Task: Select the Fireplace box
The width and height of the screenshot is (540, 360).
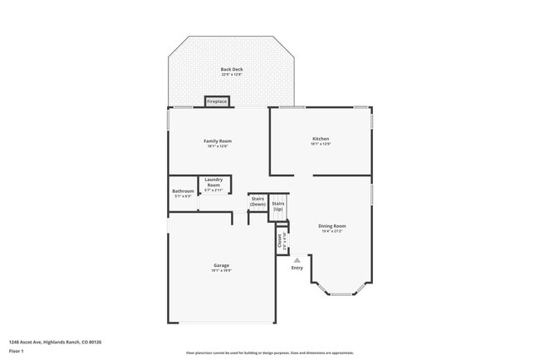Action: (x=217, y=101)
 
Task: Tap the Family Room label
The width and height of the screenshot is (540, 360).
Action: (x=216, y=141)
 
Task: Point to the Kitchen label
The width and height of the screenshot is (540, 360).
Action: (x=321, y=139)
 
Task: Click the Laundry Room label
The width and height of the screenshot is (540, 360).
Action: (x=214, y=183)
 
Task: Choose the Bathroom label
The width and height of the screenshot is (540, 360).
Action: (x=183, y=191)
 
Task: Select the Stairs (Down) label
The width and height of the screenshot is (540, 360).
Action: (x=258, y=201)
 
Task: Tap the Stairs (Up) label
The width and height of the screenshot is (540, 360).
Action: (x=279, y=206)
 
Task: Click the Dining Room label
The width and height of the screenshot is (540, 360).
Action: (x=332, y=226)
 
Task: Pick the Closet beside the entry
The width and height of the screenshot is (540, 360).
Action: (x=280, y=240)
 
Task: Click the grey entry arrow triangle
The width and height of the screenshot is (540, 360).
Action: (x=297, y=259)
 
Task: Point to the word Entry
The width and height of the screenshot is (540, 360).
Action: (x=297, y=268)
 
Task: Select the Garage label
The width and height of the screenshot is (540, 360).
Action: (x=220, y=265)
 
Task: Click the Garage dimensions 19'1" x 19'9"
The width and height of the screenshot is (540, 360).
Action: (x=220, y=271)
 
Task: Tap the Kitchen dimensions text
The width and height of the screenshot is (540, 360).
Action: (x=321, y=145)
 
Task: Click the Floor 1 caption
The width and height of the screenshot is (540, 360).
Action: (x=17, y=351)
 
